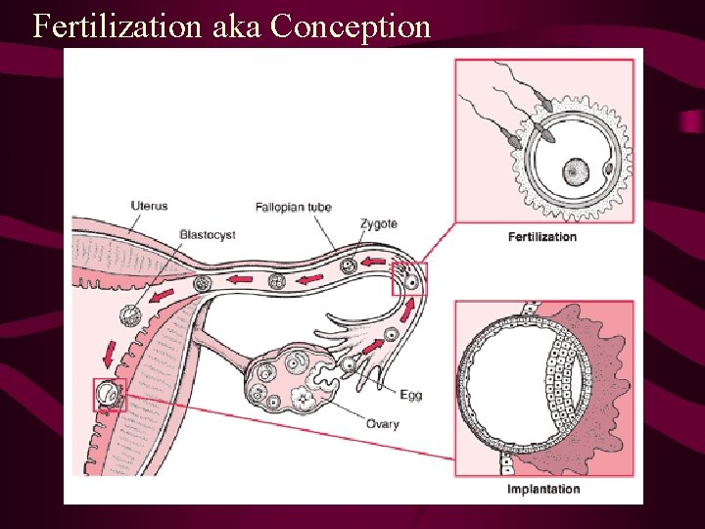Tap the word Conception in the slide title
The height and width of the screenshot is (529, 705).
351,26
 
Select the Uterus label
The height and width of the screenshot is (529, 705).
149,206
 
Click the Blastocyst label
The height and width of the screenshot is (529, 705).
207,235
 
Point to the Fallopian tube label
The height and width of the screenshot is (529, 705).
293,208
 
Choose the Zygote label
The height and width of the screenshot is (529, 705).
378,224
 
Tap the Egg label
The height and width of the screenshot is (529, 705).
410,395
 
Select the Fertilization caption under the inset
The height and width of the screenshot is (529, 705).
542,237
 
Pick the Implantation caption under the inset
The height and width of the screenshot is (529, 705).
543,489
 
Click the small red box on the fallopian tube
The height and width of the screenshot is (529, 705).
409,279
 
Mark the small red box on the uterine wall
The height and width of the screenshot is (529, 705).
110,395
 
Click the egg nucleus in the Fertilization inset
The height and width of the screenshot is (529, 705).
574,172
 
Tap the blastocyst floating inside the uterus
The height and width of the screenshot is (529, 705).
129,315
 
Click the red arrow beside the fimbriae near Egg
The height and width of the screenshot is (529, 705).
375,344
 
